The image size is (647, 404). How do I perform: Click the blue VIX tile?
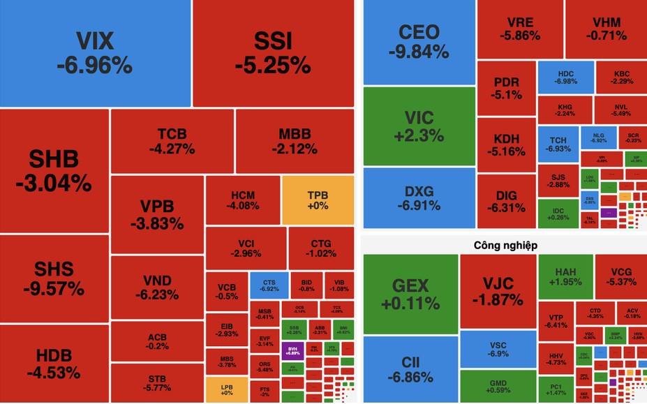click(x=95, y=53)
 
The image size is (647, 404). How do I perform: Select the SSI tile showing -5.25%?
click(x=273, y=53)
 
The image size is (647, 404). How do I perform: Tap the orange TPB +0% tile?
click(x=318, y=200)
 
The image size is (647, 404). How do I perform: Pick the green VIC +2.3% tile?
click(x=419, y=126)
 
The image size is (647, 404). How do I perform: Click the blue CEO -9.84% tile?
click(x=419, y=42)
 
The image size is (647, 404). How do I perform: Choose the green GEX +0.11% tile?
click(x=410, y=294)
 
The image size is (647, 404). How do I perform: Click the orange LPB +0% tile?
click(x=226, y=389)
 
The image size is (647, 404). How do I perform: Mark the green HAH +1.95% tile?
click(x=565, y=276)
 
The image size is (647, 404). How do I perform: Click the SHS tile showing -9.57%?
click(x=54, y=278)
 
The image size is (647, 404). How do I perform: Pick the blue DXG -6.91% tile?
click(x=419, y=198)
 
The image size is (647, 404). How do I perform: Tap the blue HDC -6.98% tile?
click(x=565, y=77)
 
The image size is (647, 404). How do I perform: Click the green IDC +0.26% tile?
click(x=558, y=214)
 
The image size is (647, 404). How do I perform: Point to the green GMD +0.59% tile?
click(x=498, y=386)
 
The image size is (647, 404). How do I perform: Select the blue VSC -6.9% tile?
click(x=498, y=350)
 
